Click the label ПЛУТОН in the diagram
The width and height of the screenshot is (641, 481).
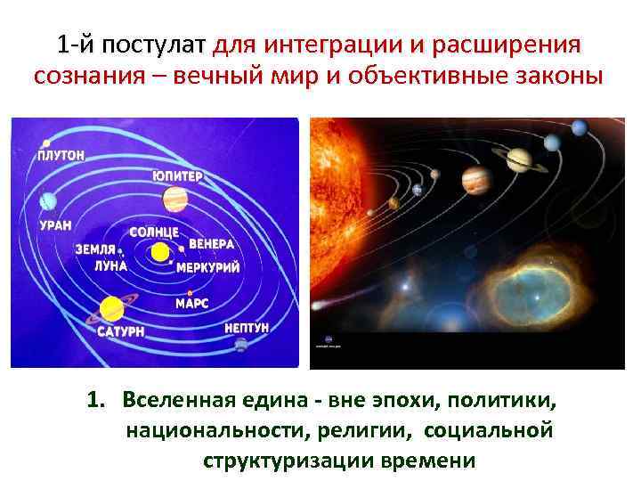click(61, 155)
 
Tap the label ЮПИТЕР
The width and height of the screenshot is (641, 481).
click(176, 175)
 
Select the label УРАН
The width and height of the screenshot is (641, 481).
click(56, 225)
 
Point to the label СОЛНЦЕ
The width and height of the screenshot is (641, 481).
click(154, 232)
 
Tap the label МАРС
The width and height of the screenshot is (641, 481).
click(191, 304)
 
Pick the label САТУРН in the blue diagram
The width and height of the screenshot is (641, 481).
click(117, 332)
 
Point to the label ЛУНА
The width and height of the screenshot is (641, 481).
click(110, 265)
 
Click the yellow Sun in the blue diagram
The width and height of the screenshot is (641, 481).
click(159, 253)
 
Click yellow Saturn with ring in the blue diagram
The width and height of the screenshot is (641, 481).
click(110, 309)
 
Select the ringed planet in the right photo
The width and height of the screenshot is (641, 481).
click(519, 161)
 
